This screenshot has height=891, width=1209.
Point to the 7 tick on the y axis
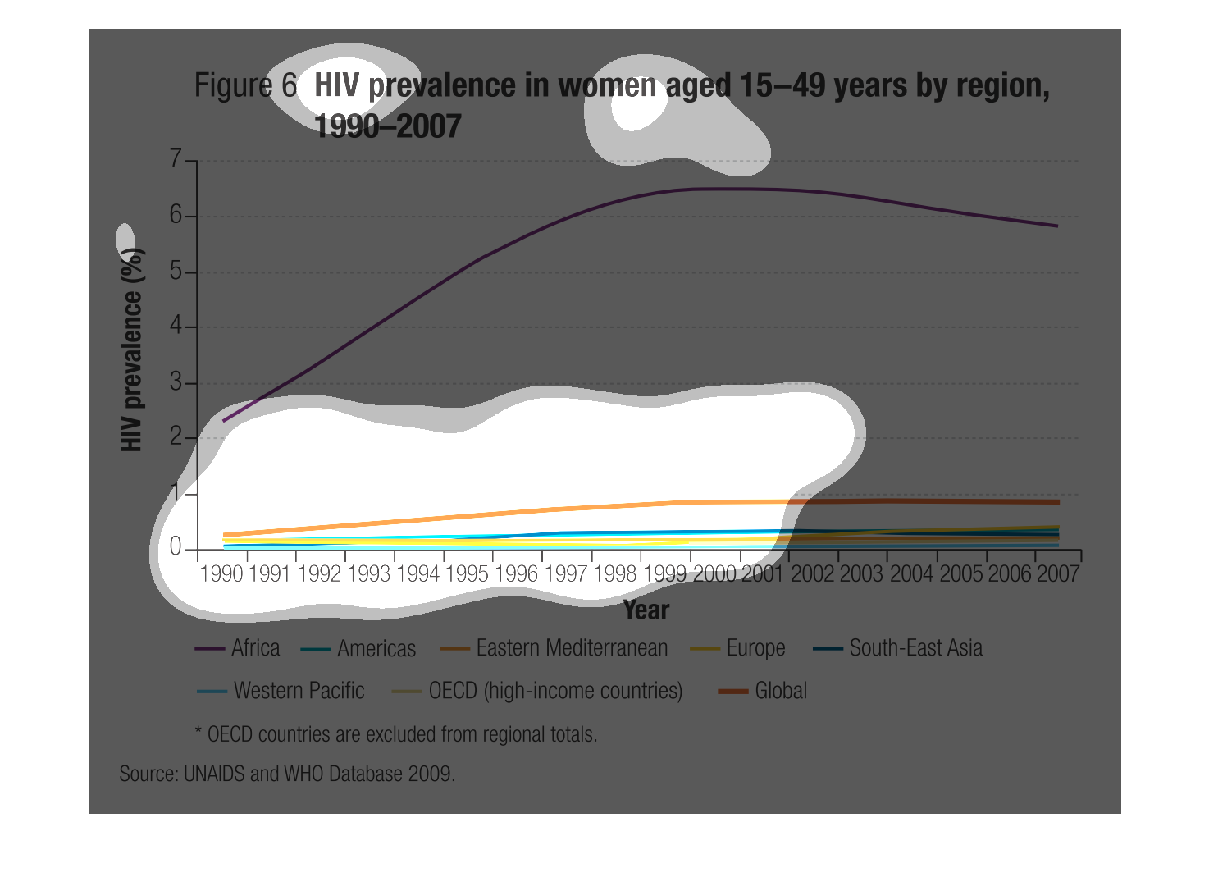click(x=176, y=159)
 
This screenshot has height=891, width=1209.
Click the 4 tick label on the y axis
click(x=176, y=327)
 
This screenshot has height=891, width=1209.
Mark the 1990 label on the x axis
click(x=221, y=574)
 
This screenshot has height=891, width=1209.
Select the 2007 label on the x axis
click(x=1057, y=574)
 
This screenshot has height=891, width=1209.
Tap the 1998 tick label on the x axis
click(x=615, y=574)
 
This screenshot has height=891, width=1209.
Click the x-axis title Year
click(x=646, y=610)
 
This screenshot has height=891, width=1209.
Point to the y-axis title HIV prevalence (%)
click(x=132, y=349)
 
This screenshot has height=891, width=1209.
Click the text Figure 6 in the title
click(x=244, y=85)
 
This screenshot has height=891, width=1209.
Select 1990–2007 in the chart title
click(x=387, y=126)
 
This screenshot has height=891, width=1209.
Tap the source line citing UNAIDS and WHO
click(x=287, y=774)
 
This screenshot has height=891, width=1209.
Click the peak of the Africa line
click(x=714, y=189)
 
